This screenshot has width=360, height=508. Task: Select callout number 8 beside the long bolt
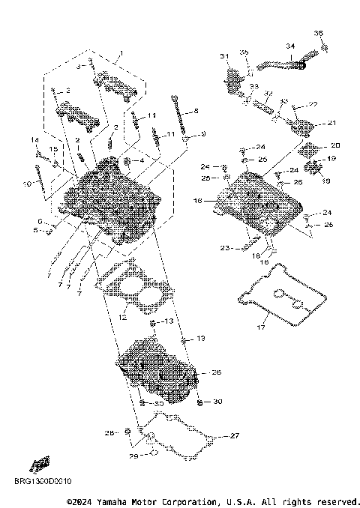(196, 111)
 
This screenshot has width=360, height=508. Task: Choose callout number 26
(217, 372)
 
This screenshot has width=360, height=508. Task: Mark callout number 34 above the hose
(289, 46)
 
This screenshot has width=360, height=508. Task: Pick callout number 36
(318, 33)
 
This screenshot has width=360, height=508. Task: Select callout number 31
(223, 57)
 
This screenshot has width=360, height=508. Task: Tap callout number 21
(331, 124)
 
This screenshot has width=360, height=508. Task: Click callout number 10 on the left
(36, 182)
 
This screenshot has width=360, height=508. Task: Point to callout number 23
(224, 247)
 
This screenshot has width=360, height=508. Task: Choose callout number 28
(109, 433)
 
